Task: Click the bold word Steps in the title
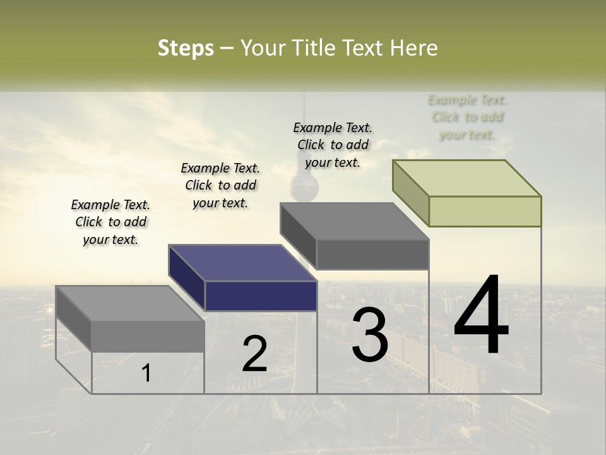tap(186, 48)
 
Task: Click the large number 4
tap(481, 315)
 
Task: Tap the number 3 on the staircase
tap(370, 335)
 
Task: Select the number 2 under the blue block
tap(254, 354)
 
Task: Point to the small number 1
tap(146, 373)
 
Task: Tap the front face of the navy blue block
tap(261, 296)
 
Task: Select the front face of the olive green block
tap(485, 211)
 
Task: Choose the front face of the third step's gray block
tap(372, 254)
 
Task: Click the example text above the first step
tap(110, 222)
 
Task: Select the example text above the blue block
tap(220, 185)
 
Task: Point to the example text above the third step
tap(333, 145)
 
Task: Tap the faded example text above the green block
tap(467, 117)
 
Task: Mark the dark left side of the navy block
tap(187, 278)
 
